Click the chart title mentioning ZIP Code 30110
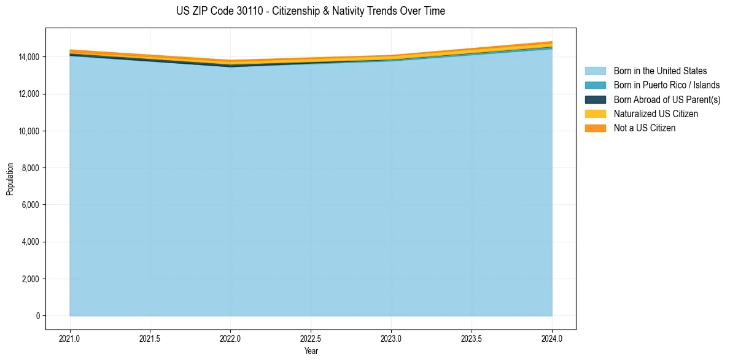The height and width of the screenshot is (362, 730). pos(310,11)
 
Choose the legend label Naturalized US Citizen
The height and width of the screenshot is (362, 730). pos(656,114)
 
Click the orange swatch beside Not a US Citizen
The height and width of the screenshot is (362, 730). pos(595,128)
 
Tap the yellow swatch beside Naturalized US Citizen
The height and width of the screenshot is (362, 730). pos(595,114)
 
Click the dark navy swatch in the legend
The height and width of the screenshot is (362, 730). pos(595,99)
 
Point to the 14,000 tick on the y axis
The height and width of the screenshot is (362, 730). pos(28,57)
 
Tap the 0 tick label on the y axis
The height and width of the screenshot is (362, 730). pos(37,316)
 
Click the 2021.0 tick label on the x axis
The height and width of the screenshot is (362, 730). pos(70,338)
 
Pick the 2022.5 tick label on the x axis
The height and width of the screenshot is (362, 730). pos(311,338)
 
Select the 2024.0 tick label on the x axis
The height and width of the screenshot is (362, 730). pos(552,338)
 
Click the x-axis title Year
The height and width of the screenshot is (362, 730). pos(311,351)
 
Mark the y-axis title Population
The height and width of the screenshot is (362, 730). pos(10,179)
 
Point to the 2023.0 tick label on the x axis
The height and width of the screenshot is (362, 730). pos(391,338)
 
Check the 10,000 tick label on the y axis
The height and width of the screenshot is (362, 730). pos(28,131)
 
